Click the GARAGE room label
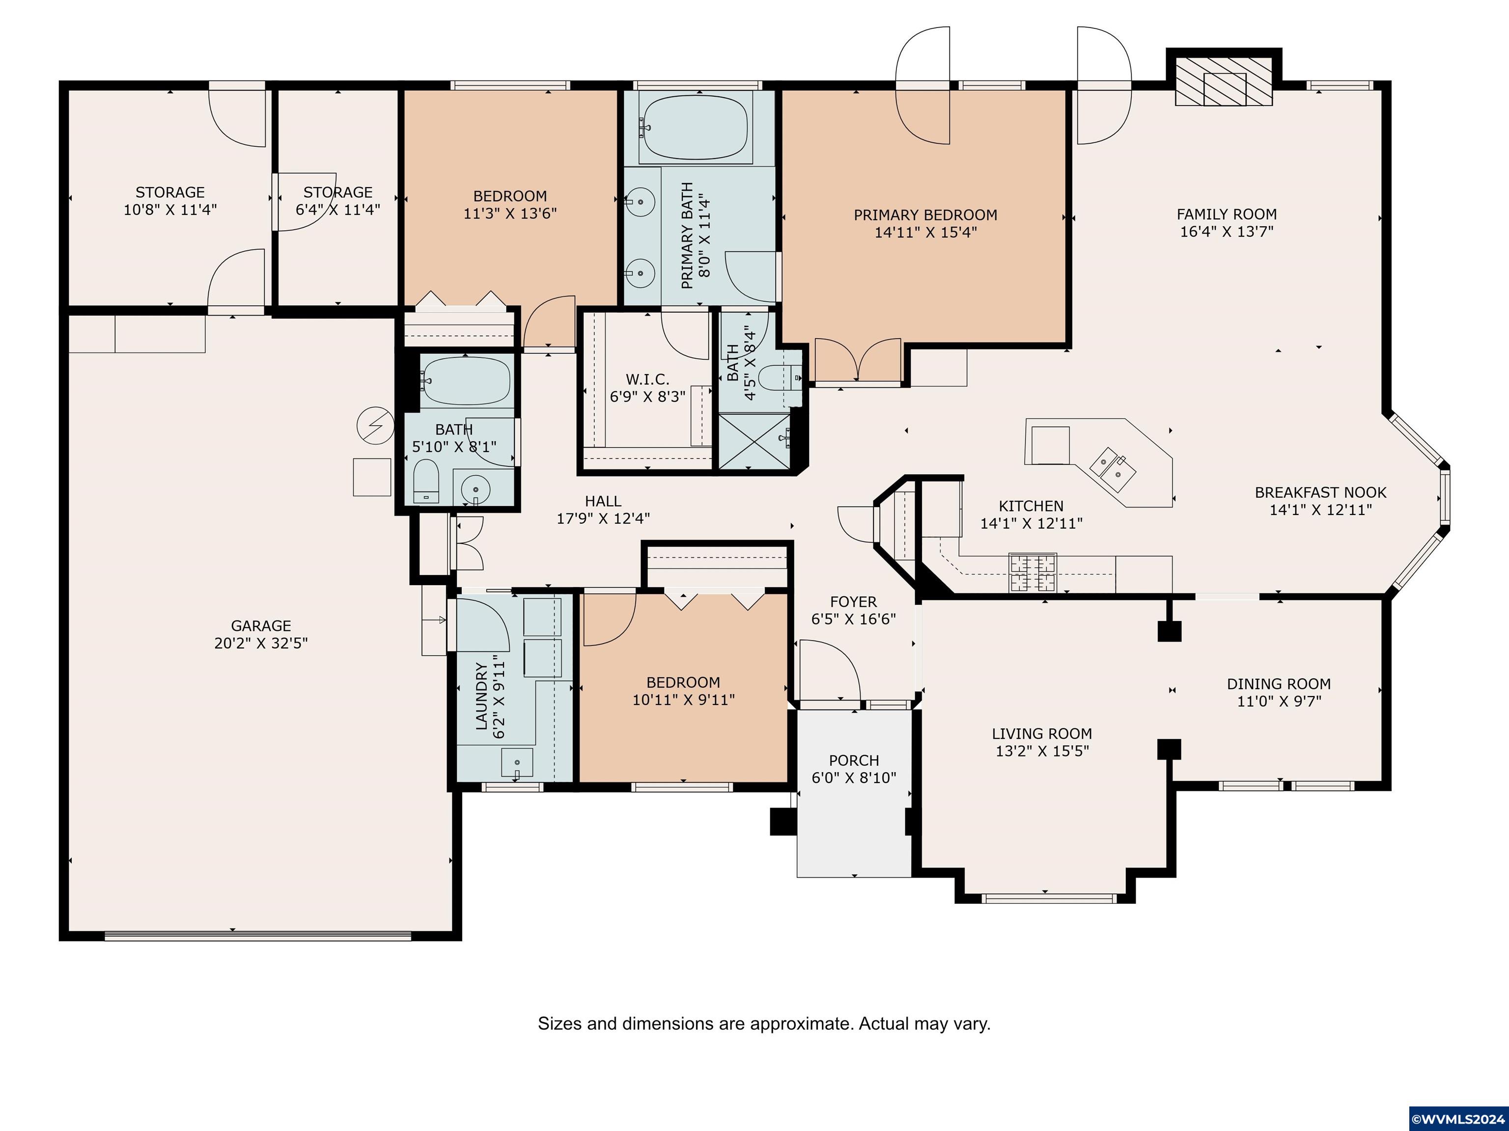click(x=261, y=625)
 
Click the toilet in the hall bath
click(x=426, y=481)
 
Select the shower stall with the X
click(x=755, y=441)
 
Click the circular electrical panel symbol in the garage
click(x=375, y=426)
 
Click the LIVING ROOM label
click(x=1042, y=733)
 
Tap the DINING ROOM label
click(x=1279, y=684)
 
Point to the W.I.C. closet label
click(x=647, y=380)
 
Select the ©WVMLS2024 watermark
click(x=1458, y=1119)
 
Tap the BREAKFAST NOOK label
click(x=1321, y=492)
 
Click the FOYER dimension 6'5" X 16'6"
click(x=853, y=619)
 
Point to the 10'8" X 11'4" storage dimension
click(x=170, y=209)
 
